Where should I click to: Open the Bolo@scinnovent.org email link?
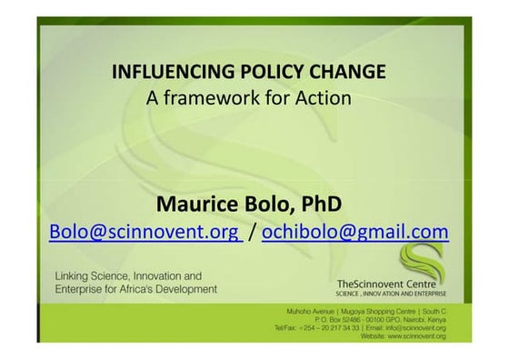pos(145,232)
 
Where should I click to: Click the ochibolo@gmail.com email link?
pos(354,232)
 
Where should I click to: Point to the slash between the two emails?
pos(252,232)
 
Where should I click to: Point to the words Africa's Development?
pos(174,289)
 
